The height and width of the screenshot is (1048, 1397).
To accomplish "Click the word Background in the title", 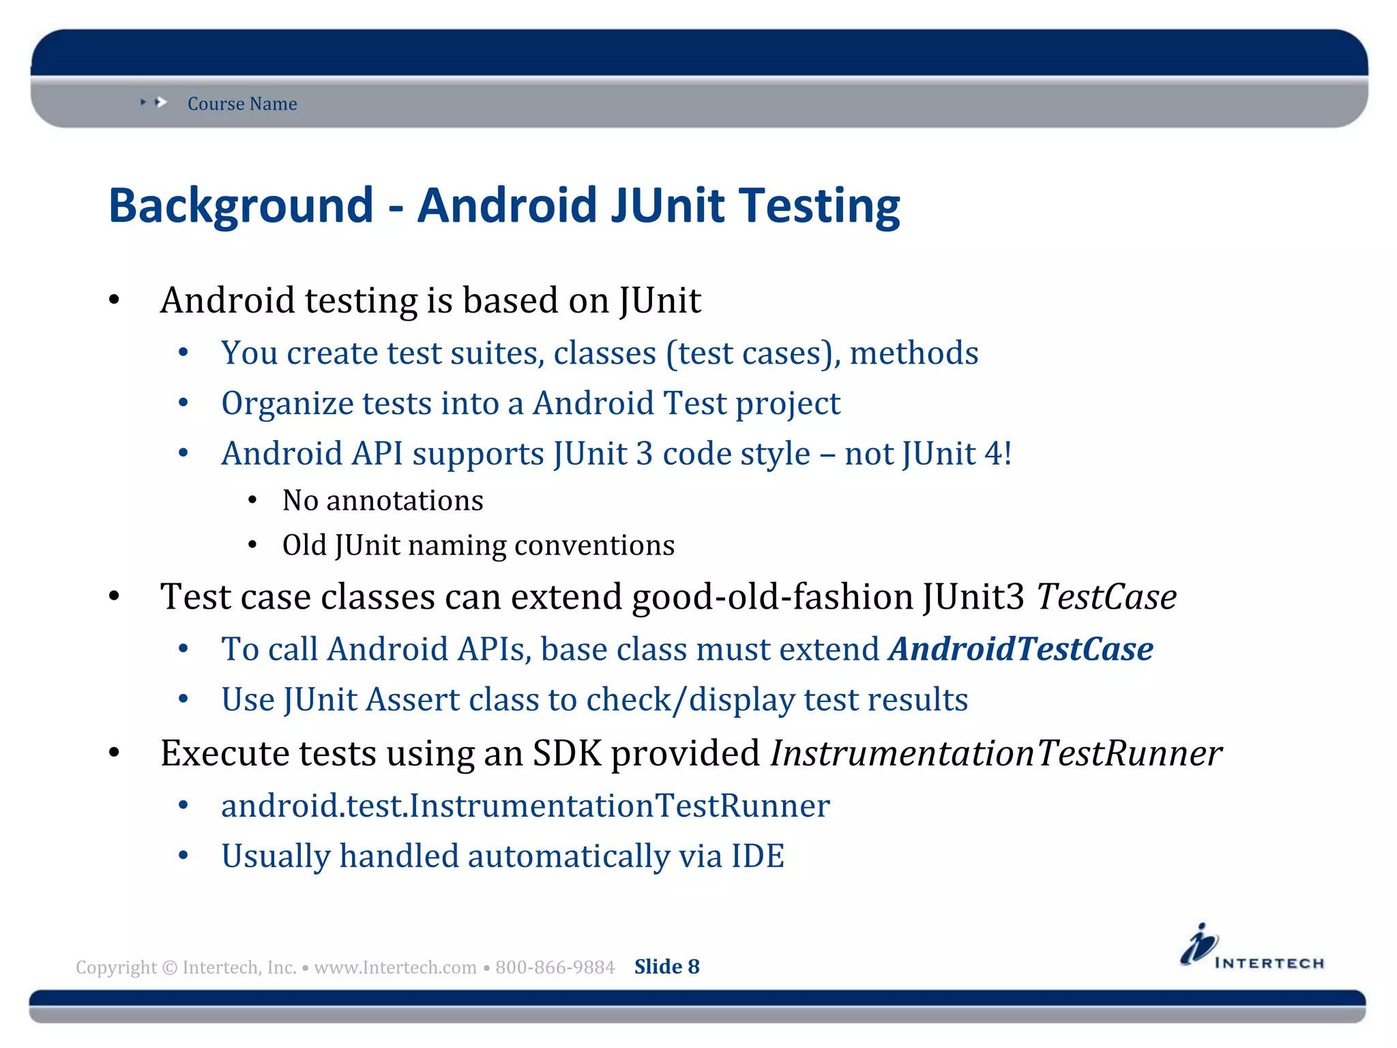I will pos(241,207).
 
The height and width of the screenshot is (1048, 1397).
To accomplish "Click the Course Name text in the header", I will pos(242,104).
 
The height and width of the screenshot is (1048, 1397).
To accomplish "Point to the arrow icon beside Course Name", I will pos(160,102).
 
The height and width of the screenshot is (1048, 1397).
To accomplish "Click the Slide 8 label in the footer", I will pos(666,967).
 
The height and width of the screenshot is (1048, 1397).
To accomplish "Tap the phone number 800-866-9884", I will pos(555,967).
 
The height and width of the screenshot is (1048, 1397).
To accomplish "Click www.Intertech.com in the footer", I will pos(395,967).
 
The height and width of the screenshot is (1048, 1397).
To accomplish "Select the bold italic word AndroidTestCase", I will pos(1020,649).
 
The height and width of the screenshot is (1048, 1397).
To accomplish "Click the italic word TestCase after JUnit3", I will pos(1106,597).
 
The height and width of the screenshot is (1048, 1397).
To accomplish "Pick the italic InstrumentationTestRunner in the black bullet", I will pos(996,754).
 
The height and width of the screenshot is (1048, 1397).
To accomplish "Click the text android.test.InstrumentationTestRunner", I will pos(525,806).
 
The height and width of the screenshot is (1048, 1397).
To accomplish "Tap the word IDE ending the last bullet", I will pos(758,856).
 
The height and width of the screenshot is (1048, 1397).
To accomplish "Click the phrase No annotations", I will pos(383,501).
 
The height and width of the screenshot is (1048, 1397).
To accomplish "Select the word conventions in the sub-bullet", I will pos(594,546).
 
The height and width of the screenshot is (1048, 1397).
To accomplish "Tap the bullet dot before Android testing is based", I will pos(115,300).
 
